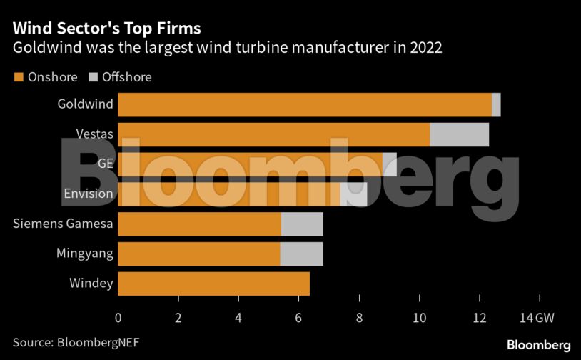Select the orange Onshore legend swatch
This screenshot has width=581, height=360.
coord(18,77)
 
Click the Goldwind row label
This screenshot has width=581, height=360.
coord(85,104)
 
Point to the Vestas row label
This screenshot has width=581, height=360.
coord(94,134)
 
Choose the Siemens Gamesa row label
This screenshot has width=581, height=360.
coord(63,224)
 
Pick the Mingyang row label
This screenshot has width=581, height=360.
coord(85,254)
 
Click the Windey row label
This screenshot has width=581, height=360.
coord(91,284)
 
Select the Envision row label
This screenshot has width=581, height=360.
coord(88,194)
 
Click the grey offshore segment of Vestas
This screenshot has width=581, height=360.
coord(459,134)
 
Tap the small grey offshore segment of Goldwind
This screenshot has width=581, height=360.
coord(496,104)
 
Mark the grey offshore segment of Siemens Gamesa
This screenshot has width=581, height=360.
coord(302,224)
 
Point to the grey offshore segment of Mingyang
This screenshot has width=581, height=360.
coord(301,254)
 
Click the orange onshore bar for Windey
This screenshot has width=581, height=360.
coord(213,284)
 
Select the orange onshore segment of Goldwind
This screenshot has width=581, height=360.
coord(305,104)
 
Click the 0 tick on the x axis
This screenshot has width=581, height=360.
coord(118,317)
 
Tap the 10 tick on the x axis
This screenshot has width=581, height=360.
coord(420,317)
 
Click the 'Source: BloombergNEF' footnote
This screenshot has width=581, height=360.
coord(76,342)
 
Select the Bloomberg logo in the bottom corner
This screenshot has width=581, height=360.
coord(538,344)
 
